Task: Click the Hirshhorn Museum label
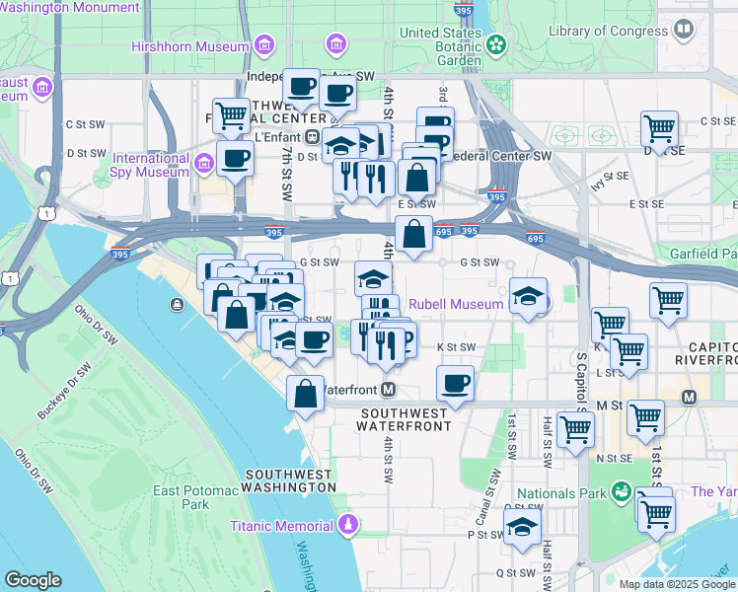tap(190, 46)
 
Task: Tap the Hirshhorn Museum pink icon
tap(263, 45)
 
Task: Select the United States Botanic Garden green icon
tap(495, 44)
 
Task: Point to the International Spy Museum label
tap(150, 165)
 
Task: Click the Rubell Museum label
tap(456, 304)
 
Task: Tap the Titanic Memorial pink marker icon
tap(346, 524)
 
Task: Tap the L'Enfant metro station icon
tap(312, 136)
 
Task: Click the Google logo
tap(33, 580)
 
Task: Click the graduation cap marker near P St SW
tap(522, 527)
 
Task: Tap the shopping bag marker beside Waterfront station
tap(306, 392)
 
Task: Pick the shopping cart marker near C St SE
tap(658, 128)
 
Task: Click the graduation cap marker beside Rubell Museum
tap(529, 297)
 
